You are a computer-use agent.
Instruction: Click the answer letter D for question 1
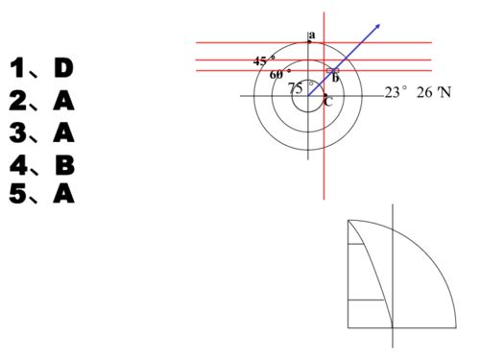(x=63, y=68)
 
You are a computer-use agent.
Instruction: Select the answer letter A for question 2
(x=63, y=101)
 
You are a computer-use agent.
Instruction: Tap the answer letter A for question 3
(x=63, y=132)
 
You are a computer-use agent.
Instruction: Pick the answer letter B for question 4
(x=65, y=165)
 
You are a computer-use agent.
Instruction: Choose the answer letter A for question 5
(x=63, y=194)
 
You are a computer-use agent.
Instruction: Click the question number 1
(x=17, y=68)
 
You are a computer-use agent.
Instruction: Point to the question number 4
(x=18, y=165)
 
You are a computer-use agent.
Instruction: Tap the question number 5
(x=18, y=194)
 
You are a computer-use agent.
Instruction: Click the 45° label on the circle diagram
(x=264, y=60)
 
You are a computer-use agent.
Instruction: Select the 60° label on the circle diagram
(x=280, y=74)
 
